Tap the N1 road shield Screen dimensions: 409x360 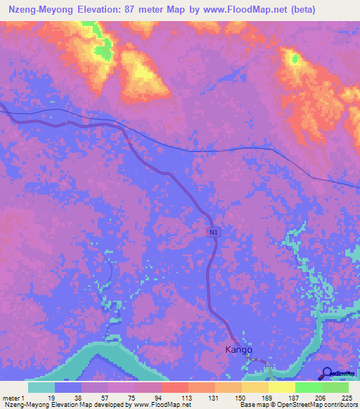coord(213,232)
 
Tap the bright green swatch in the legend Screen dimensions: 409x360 coord(308,387)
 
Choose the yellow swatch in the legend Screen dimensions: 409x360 coord(281,387)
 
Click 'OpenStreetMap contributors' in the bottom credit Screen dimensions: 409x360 coord(314,405)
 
